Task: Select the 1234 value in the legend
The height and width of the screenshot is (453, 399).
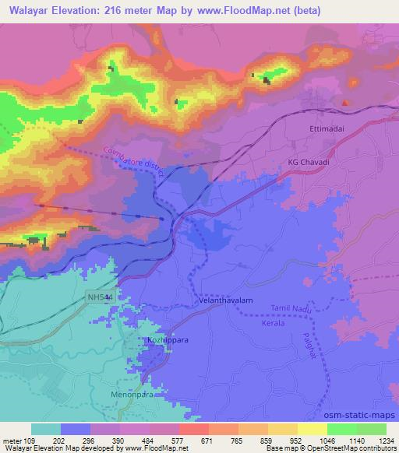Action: coord(384,440)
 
